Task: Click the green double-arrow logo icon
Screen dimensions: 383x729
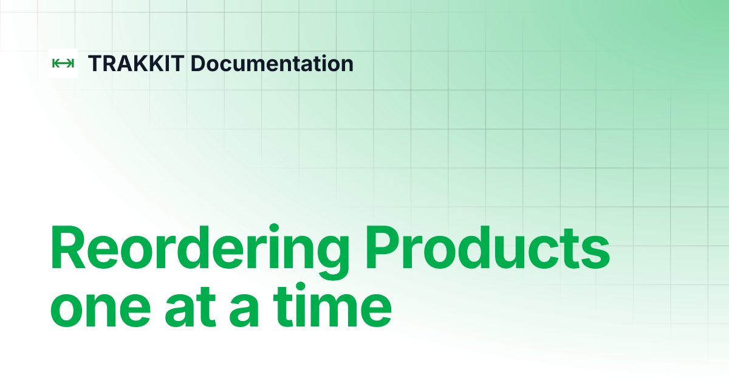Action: tap(63, 63)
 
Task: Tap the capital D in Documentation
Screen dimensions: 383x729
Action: tap(197, 63)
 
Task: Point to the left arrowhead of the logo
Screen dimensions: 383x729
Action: tap(55, 63)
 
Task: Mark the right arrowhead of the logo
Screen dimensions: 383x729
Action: tap(72, 63)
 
